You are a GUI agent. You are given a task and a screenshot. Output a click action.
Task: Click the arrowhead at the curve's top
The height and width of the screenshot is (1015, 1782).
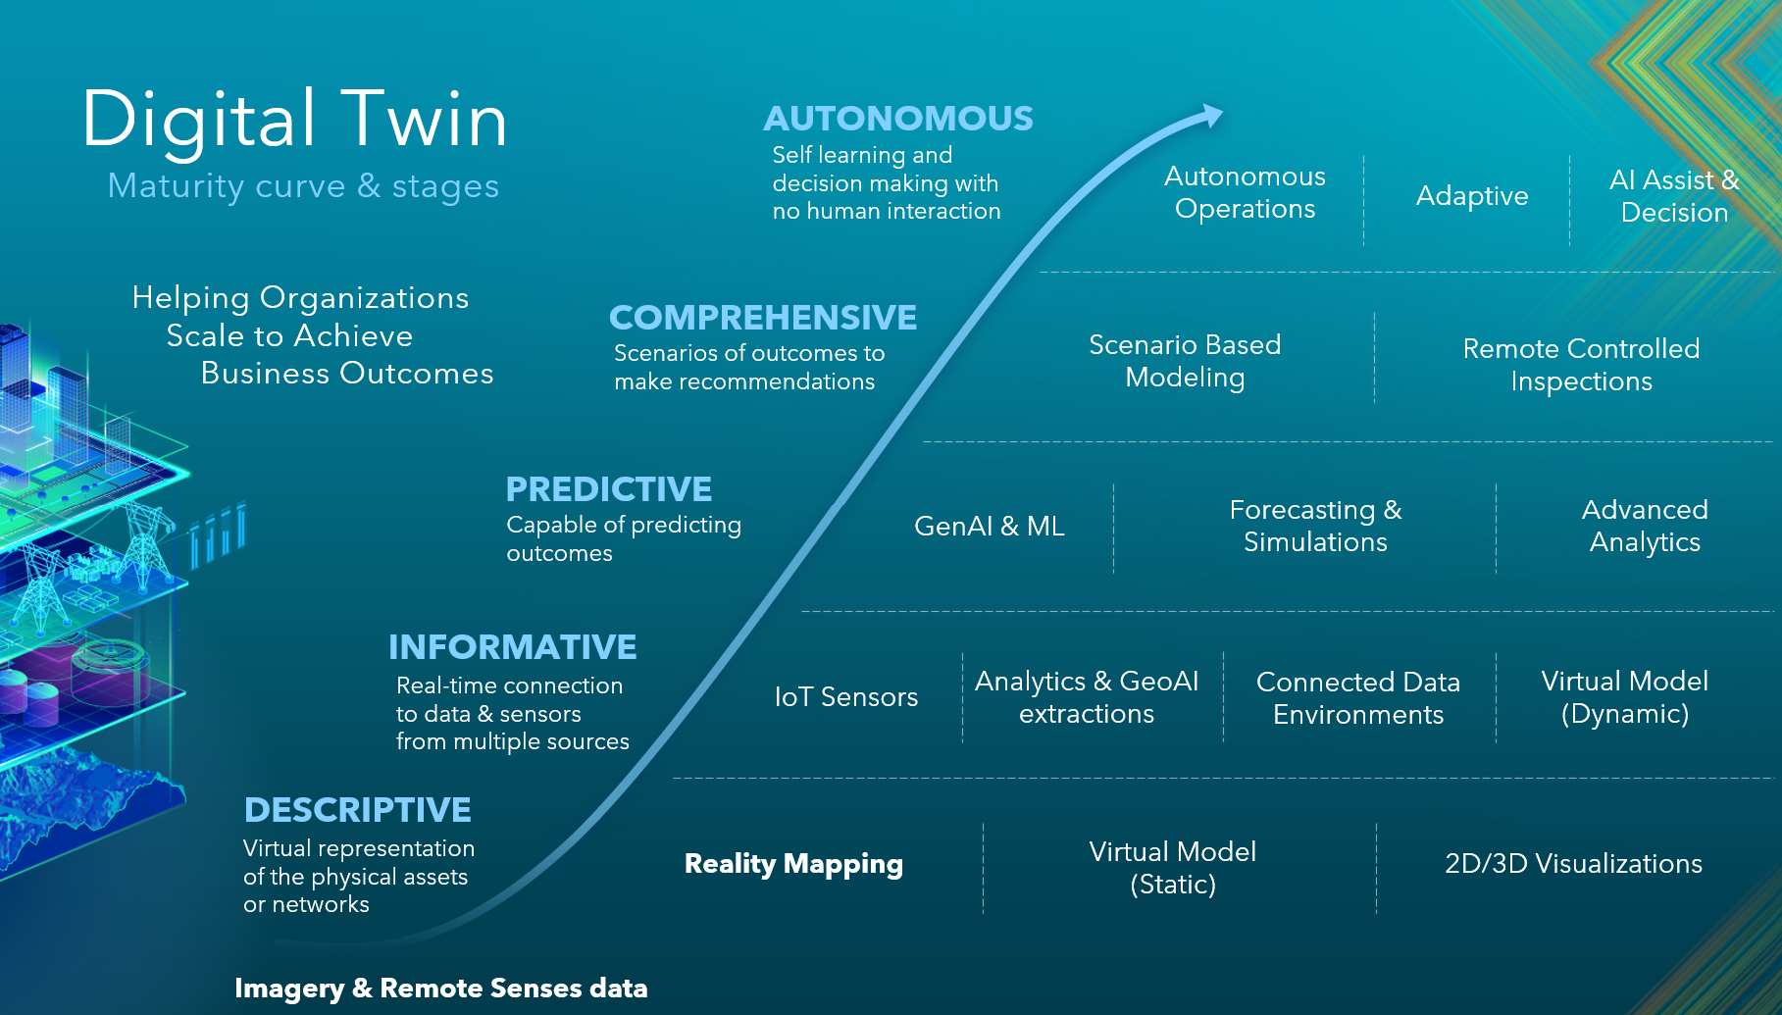click(1212, 116)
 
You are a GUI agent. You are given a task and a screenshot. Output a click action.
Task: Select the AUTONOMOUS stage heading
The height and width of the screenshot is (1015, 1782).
click(898, 119)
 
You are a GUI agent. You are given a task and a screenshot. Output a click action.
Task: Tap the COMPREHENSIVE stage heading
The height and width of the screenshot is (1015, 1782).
click(763, 318)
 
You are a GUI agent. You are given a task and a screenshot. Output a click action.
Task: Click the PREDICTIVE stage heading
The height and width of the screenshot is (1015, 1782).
click(609, 489)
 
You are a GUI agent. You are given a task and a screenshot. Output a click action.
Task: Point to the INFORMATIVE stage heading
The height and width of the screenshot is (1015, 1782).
click(513, 647)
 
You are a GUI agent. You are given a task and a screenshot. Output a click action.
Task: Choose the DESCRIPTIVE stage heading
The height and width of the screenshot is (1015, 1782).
click(358, 810)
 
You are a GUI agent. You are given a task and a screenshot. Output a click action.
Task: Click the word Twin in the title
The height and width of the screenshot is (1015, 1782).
click(425, 120)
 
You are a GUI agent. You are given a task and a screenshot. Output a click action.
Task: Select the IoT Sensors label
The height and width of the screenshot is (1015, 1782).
click(846, 697)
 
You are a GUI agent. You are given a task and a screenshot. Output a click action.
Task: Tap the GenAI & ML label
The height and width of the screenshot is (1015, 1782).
click(990, 527)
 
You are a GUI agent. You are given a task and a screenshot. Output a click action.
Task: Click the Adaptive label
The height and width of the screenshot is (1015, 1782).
click(1472, 196)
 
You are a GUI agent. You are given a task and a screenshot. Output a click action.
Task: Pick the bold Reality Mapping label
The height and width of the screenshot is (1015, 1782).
click(793, 864)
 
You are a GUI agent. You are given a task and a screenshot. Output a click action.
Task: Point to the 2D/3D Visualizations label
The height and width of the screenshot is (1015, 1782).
click(1574, 864)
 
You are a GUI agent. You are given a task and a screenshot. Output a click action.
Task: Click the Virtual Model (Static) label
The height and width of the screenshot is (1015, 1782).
click(1173, 868)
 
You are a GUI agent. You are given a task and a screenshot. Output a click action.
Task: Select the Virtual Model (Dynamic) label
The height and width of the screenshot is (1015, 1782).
click(1625, 697)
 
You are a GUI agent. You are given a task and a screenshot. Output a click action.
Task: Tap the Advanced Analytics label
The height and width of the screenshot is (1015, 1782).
click(1645, 526)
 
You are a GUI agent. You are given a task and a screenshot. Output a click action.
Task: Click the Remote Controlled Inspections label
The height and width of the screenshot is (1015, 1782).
click(1581, 365)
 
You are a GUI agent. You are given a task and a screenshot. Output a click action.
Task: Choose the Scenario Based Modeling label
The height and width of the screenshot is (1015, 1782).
click(1185, 361)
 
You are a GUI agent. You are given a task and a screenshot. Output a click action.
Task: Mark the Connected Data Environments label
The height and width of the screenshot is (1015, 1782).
click(1358, 698)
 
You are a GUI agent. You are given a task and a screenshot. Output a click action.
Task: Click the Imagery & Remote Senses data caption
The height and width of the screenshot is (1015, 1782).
click(441, 989)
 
